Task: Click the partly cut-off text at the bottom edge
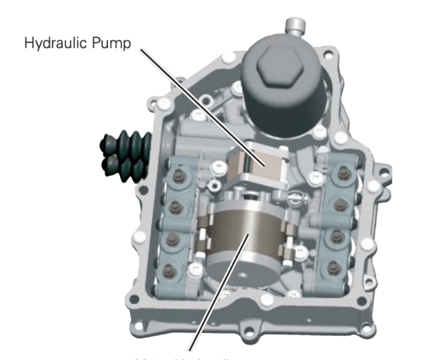click(217, 356)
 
